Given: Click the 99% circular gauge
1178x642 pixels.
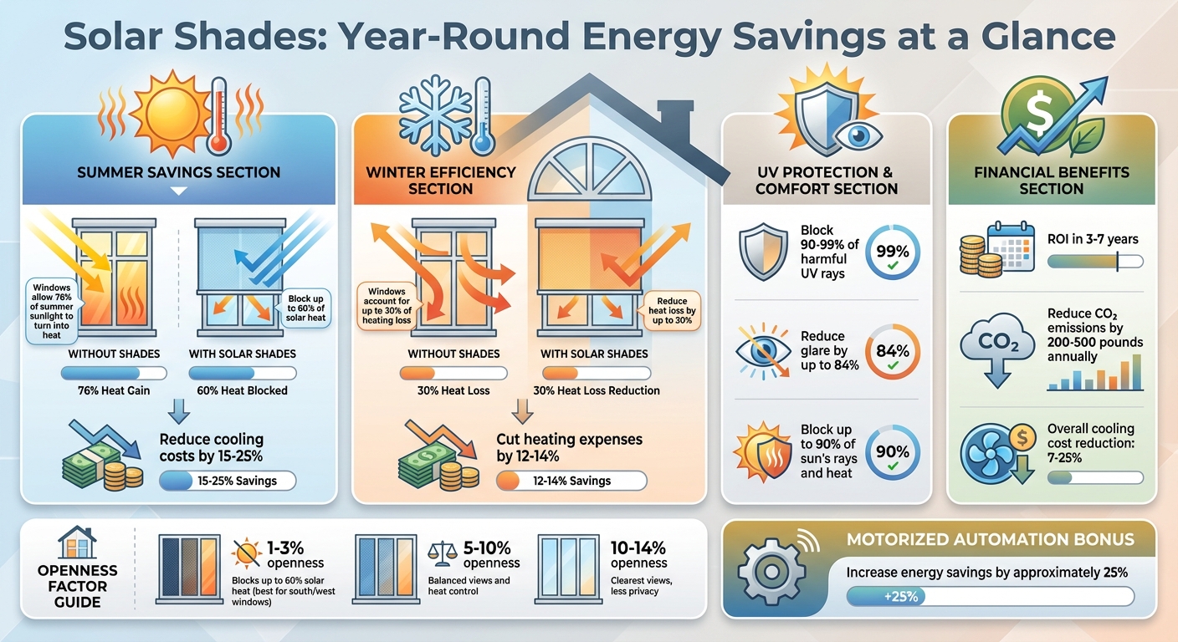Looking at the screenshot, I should tap(893, 252).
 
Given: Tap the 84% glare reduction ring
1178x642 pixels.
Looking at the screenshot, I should tap(893, 352).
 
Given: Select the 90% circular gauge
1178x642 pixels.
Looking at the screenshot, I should tap(893, 453).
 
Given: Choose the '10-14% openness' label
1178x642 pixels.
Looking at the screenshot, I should tap(638, 556).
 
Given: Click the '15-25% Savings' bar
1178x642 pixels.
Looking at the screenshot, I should tap(228, 481).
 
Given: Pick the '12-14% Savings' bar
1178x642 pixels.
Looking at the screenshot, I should tap(571, 481).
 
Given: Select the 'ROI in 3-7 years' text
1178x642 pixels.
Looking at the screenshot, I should tap(1093, 239).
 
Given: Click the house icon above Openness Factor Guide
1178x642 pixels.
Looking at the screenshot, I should tap(76, 543).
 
